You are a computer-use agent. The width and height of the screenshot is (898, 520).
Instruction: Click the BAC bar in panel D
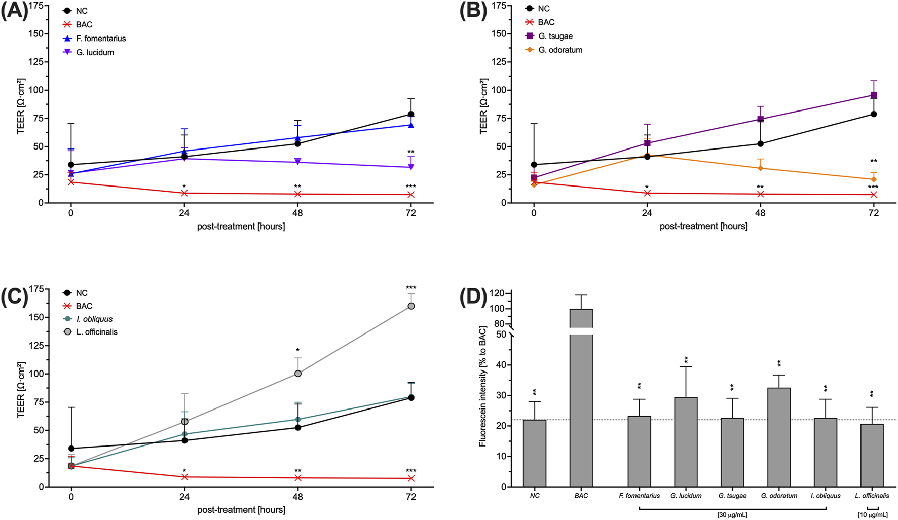pyautogui.click(x=581, y=405)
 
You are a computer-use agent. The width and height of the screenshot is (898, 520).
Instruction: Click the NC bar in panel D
pyautogui.click(x=535, y=453)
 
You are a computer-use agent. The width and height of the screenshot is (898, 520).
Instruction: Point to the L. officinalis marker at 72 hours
pyautogui.click(x=411, y=306)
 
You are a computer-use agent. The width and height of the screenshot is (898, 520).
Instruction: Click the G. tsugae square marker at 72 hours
pyautogui.click(x=874, y=95)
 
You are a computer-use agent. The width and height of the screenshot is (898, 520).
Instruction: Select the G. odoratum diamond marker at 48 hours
pyautogui.click(x=760, y=168)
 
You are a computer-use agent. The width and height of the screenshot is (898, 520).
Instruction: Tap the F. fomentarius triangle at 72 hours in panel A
pyautogui.click(x=411, y=125)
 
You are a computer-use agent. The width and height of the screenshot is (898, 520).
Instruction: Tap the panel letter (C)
pyautogui.click(x=14, y=296)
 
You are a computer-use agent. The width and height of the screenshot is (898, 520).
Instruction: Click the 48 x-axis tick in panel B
pyautogui.click(x=760, y=213)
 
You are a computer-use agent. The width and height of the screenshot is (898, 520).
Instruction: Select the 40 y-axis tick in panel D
pyautogui.click(x=501, y=365)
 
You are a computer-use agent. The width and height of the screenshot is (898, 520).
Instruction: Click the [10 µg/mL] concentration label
pyautogui.click(x=872, y=515)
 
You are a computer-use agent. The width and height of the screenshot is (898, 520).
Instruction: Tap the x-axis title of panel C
pyautogui.click(x=241, y=510)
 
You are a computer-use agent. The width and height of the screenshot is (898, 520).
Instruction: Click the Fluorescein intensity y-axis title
pyautogui.click(x=482, y=387)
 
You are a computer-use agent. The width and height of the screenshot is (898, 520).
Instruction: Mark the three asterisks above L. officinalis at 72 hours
pyautogui.click(x=411, y=288)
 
